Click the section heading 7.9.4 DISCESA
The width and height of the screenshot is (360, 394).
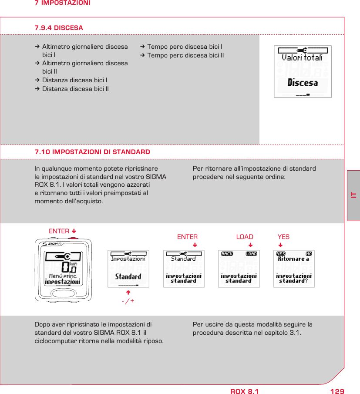click(x=59, y=28)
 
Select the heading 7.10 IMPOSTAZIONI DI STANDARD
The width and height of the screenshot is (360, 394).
click(x=92, y=152)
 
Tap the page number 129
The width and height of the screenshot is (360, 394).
click(x=337, y=391)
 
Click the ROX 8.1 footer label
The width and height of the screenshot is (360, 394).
click(x=244, y=391)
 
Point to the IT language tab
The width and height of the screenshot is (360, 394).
click(x=353, y=195)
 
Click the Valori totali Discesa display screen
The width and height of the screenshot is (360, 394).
click(x=303, y=71)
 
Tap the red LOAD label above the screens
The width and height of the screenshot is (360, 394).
click(x=245, y=237)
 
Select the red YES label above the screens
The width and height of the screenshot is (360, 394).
click(x=283, y=237)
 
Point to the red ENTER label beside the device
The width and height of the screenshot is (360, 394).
click(x=59, y=231)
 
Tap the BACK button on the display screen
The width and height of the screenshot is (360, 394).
click(x=227, y=254)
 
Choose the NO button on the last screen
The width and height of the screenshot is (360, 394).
click(x=309, y=254)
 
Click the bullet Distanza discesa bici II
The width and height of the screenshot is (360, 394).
click(x=75, y=89)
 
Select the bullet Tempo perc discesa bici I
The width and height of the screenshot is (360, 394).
click(x=185, y=47)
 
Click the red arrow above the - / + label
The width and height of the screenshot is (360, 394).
click(x=128, y=293)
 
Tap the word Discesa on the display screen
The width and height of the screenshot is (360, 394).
click(x=303, y=83)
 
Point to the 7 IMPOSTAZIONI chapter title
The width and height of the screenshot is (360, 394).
click(x=63, y=3)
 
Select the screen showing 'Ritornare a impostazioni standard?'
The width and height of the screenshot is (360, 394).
click(x=294, y=269)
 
